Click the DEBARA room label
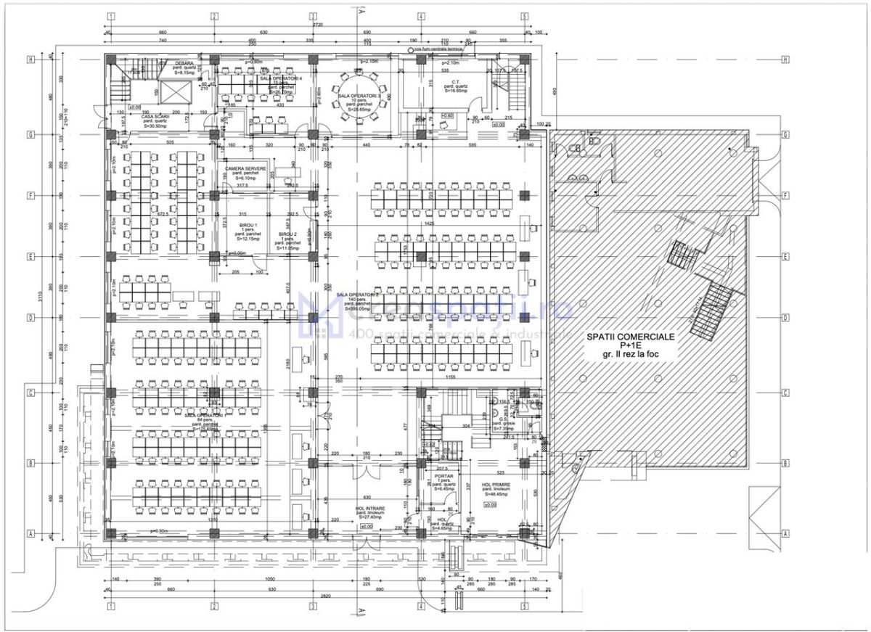pyautogui.click(x=184, y=63)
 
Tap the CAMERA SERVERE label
pyautogui.click(x=245, y=168)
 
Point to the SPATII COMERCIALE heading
pyautogui.click(x=630, y=337)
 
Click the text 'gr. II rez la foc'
pyautogui.click(x=630, y=354)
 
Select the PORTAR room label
pyautogui.click(x=444, y=476)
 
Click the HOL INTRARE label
pyautogui.click(x=369, y=509)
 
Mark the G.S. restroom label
pyautogui.click(x=503, y=419)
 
